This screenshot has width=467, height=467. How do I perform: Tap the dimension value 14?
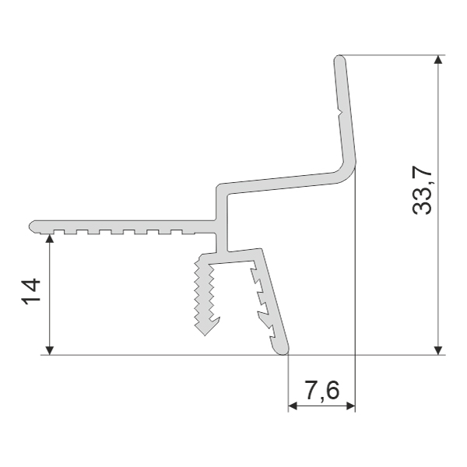click(x=31, y=291)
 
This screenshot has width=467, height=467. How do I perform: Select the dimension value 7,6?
click(x=322, y=391)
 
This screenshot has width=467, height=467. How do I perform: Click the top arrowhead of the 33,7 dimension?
click(x=437, y=59)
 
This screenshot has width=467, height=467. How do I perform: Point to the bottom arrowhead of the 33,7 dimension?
click(x=437, y=350)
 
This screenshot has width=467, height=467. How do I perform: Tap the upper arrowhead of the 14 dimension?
click(x=50, y=238)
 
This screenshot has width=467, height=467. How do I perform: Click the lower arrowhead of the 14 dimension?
click(x=50, y=350)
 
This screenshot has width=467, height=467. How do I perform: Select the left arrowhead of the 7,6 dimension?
click(x=293, y=406)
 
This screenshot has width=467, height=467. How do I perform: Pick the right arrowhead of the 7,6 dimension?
click(x=350, y=406)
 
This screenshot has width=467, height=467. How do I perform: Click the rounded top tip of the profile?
click(x=339, y=58)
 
